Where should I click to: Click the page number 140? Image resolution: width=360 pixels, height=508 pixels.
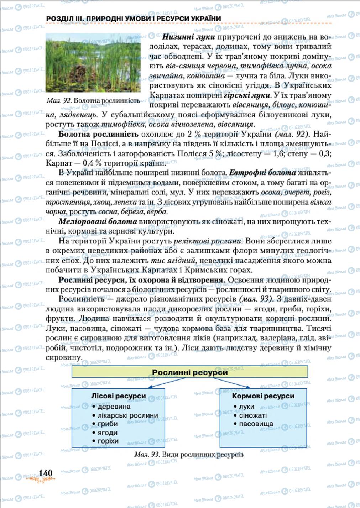pos(46,473)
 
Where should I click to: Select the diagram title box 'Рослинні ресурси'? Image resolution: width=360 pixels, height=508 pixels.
pos(189,372)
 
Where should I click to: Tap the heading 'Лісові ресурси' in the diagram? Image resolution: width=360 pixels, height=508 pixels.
pos(119,396)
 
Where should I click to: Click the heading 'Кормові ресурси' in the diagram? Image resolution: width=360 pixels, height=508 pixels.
pos(263,396)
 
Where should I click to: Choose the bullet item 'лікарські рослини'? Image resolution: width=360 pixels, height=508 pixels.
pos(127,415)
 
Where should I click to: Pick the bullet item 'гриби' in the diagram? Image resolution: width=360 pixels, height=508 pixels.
pos(108,424)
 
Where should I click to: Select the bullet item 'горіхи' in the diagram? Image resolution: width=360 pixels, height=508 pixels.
pos(108,441)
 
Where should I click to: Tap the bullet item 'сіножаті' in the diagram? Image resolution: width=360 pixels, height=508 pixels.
pos(253,415)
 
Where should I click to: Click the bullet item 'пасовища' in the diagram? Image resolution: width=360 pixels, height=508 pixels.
pos(256,424)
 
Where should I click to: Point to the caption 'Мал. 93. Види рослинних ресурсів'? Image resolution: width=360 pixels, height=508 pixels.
pos(189,455)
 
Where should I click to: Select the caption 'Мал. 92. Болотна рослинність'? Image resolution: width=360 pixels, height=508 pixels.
pos(93,101)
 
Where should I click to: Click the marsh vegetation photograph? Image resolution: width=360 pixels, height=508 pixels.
pos(93,63)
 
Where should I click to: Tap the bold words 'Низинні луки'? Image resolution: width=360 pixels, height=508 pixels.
pos(188,37)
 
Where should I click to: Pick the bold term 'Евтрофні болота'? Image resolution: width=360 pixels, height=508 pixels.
pos(262,173)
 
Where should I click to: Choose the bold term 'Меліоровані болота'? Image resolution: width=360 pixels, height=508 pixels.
pos(98,221)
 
